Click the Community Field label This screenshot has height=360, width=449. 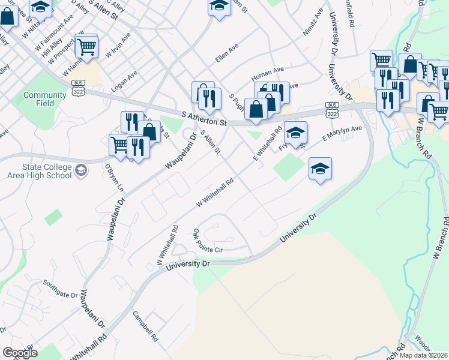(44, 99)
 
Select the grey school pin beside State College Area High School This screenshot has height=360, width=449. (80, 172)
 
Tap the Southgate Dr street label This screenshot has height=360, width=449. (62, 295)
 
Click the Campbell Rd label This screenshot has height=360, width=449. (145, 327)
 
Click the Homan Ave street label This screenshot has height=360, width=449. (268, 71)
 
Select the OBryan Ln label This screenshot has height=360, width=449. (113, 179)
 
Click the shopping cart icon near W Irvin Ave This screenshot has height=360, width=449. (87, 46)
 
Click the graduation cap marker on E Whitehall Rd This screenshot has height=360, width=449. (295, 133)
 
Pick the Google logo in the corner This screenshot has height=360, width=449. (20, 353)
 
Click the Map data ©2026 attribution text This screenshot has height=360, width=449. (423, 355)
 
